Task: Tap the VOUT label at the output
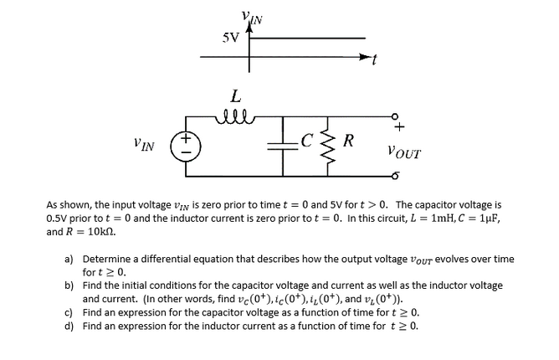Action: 405,153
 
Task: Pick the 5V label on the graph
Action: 230,38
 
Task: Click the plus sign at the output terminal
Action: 399,127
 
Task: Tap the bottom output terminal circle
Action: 392,177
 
